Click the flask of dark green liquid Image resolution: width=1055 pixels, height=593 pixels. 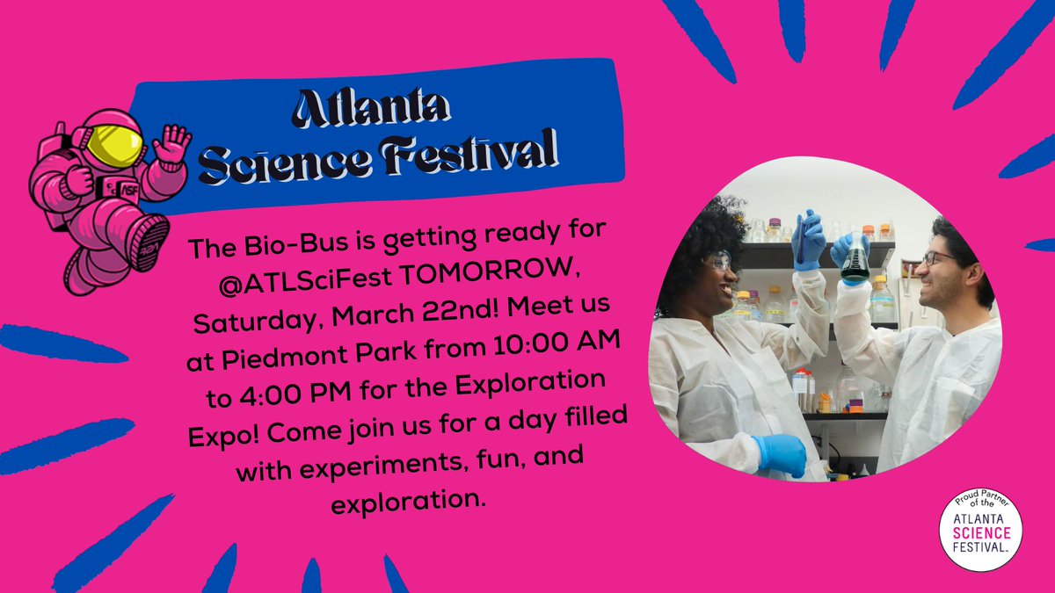854,264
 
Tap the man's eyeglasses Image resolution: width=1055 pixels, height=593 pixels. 938,257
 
